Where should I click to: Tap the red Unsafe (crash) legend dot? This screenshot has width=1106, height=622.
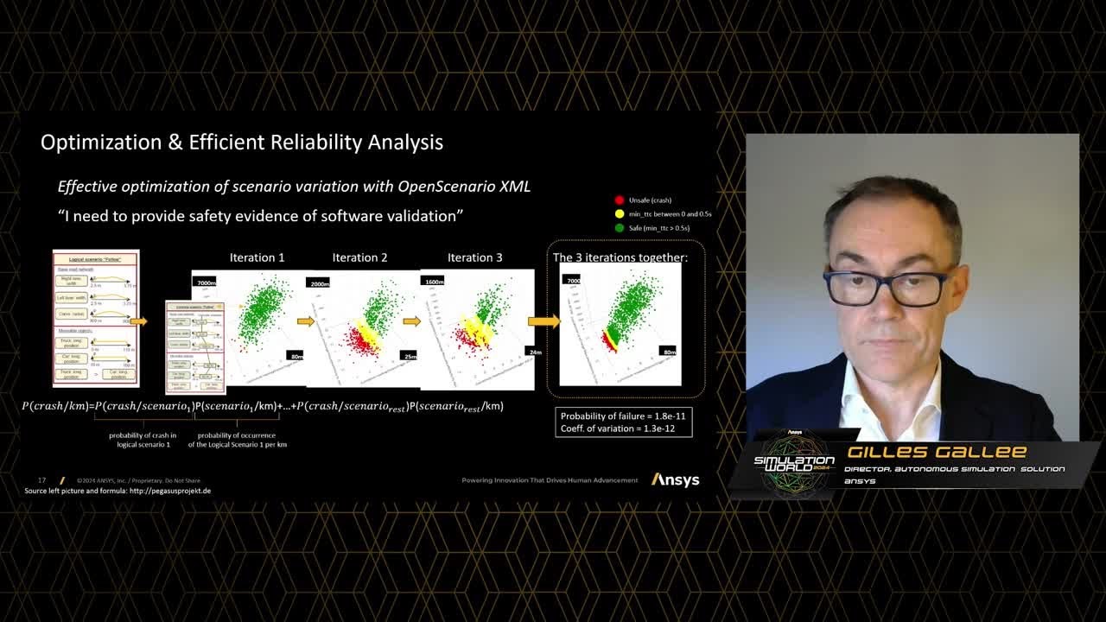tap(620, 200)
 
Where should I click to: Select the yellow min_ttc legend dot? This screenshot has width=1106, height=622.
tap(620, 213)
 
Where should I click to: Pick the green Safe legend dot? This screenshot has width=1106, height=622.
tap(620, 227)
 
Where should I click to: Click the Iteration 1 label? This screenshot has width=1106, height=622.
tap(257, 257)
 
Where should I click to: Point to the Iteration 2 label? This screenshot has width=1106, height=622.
tap(359, 257)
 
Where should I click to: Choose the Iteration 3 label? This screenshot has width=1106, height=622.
tap(474, 257)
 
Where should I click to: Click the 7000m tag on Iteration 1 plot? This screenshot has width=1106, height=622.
tap(206, 282)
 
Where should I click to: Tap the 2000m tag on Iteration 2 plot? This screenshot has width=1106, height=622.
tap(319, 283)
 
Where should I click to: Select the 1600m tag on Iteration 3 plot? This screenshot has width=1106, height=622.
tap(433, 281)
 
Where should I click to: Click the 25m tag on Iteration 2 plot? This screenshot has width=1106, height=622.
tap(410, 356)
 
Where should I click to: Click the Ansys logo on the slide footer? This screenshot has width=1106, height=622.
tap(675, 479)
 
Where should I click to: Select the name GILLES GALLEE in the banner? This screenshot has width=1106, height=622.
tap(936, 452)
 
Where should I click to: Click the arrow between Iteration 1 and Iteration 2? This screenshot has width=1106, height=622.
tap(305, 321)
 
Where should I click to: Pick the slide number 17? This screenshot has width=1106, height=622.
tap(41, 480)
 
